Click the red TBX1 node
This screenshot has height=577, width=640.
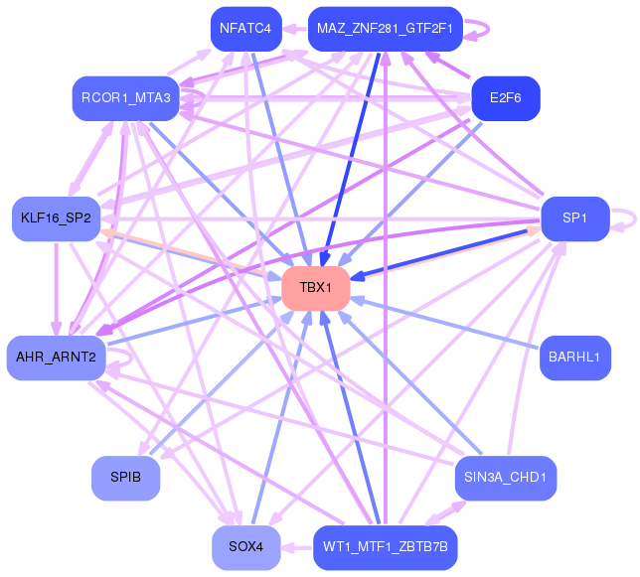[x=315, y=288]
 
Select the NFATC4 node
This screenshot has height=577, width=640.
[x=245, y=28]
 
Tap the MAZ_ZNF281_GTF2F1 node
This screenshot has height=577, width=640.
[x=385, y=28]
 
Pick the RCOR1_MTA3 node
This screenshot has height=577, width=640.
[x=126, y=97]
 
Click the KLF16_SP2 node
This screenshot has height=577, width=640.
[x=56, y=217]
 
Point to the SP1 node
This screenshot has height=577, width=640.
[x=574, y=217]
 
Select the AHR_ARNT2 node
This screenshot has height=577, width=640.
[x=56, y=358]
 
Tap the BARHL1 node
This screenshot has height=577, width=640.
[x=574, y=358]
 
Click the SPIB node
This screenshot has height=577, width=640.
[x=125, y=478]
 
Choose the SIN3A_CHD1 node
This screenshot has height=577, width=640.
[x=505, y=478]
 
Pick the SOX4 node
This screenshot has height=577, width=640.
[x=245, y=547]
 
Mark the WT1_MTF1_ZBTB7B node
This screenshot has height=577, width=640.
[x=385, y=547]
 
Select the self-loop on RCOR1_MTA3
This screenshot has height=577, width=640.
[x=200, y=98]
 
